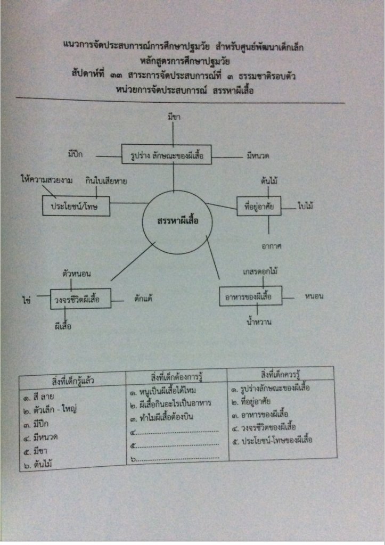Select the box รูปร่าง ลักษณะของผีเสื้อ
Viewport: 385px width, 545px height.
click(163, 156)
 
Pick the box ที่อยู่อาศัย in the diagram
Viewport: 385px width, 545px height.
click(259, 206)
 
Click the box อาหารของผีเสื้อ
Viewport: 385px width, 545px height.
click(251, 296)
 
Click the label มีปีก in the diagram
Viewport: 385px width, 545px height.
click(78, 155)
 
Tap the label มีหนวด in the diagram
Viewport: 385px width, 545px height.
click(258, 156)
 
